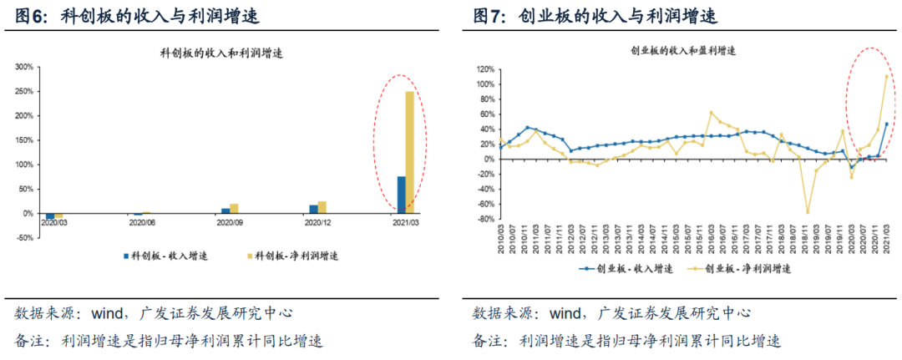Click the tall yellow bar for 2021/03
tap(409, 152)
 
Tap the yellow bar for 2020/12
tap(322, 207)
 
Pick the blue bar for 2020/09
tap(225, 210)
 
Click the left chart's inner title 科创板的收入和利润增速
tap(220, 53)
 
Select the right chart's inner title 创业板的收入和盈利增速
tap(682, 51)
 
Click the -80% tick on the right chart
tap(485, 220)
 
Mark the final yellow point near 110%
tap(886, 77)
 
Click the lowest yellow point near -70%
tap(808, 211)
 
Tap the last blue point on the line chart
tap(886, 124)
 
